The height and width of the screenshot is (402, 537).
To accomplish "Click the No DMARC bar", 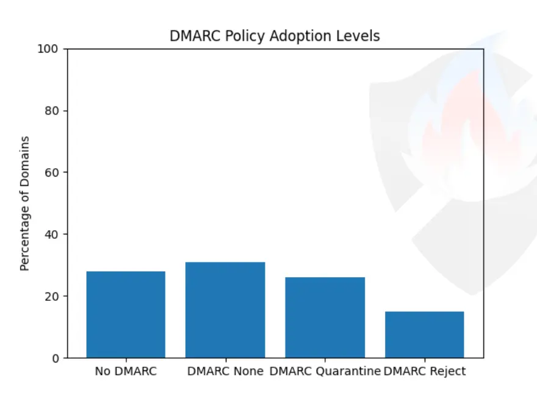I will coord(126,314).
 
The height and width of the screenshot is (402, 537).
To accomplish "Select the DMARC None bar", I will coord(225,310).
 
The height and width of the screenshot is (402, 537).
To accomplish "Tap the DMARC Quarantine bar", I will coord(325,317).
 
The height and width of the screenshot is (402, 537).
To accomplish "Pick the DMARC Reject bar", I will coord(425,334).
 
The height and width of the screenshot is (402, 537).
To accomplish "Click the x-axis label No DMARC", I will coord(126,371).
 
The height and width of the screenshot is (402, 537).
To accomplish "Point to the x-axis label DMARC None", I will coord(225,371).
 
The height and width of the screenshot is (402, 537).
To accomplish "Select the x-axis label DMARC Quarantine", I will coord(325,371).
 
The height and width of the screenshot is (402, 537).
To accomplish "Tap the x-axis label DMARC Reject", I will coord(425,371).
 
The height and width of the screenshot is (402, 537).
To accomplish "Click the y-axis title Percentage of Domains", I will coord(25,203).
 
